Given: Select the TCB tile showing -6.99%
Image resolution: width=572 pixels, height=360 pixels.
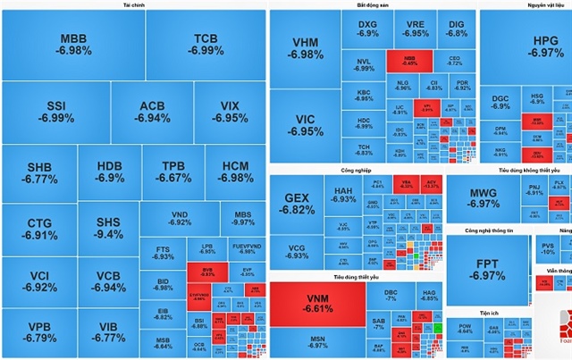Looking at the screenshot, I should pos(206,45).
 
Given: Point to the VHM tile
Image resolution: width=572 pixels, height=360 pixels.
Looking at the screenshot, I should pos(306,48).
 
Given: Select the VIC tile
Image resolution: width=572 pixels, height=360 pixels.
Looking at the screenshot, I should pos(306,125).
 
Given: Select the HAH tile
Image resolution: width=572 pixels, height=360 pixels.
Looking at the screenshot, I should pos(343,197).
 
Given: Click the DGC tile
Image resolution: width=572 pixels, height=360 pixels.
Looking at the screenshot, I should pos(500,101).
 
